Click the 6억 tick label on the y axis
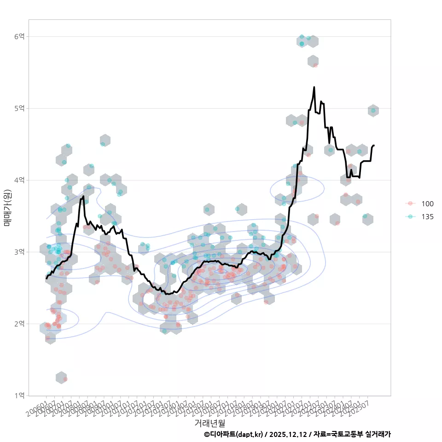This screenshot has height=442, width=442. click(x=19, y=36)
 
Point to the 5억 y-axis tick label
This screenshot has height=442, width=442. click(x=19, y=108)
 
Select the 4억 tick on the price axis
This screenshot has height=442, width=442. click(x=19, y=180)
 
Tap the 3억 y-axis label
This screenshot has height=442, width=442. click(x=19, y=252)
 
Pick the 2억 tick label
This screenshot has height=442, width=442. click(x=19, y=324)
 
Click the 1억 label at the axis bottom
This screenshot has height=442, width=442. click(x=19, y=395)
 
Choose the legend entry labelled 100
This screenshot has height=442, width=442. click(x=427, y=204)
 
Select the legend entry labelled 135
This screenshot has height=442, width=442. click(x=427, y=216)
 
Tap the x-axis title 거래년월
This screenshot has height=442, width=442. click(x=209, y=423)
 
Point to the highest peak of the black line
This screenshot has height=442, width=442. click(x=314, y=87)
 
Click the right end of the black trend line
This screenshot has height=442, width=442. click(x=374, y=145)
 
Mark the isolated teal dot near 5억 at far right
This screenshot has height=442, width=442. click(x=373, y=110)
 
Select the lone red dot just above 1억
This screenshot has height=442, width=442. click(x=65, y=379)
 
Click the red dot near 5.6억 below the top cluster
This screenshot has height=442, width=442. click(x=315, y=65)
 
